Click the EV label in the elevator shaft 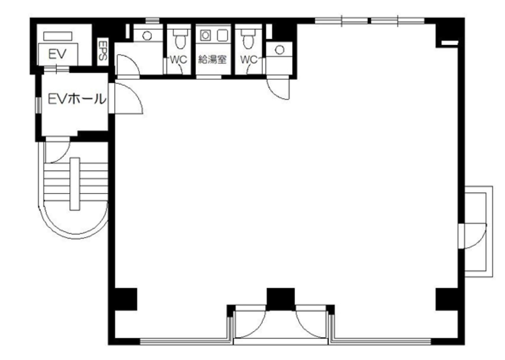[58, 54]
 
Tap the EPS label [103, 51]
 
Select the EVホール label [77, 99]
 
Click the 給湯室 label [212, 60]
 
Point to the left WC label [178, 60]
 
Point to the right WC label [249, 60]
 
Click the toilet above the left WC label [180, 39]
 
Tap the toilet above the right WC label [248, 39]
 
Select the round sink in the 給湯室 [206, 35]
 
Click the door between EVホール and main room [126, 98]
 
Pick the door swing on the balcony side [473, 236]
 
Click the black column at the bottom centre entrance [281, 299]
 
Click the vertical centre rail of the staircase [75, 184]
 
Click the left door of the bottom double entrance [250, 325]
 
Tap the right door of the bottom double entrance [311, 325]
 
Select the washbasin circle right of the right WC [280, 50]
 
